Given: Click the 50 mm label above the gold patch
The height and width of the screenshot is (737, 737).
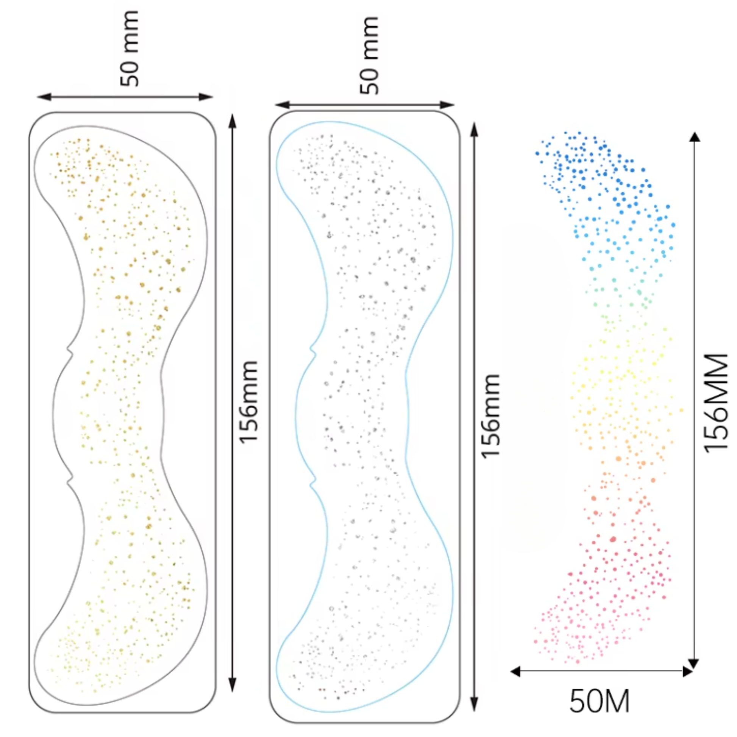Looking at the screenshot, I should pos(129,48).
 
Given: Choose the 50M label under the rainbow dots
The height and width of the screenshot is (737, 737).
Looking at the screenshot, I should pos(599,701).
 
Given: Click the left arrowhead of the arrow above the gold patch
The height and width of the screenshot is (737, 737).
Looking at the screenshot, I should pos(44,97).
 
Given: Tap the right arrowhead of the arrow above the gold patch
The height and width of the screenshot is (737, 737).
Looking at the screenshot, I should pos(206,97).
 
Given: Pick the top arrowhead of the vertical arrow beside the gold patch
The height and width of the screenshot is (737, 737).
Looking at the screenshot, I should pos(232,121).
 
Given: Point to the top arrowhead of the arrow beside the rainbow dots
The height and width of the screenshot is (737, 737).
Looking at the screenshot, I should pos(694,137).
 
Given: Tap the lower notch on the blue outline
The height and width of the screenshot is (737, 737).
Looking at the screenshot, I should pos(313,481).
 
